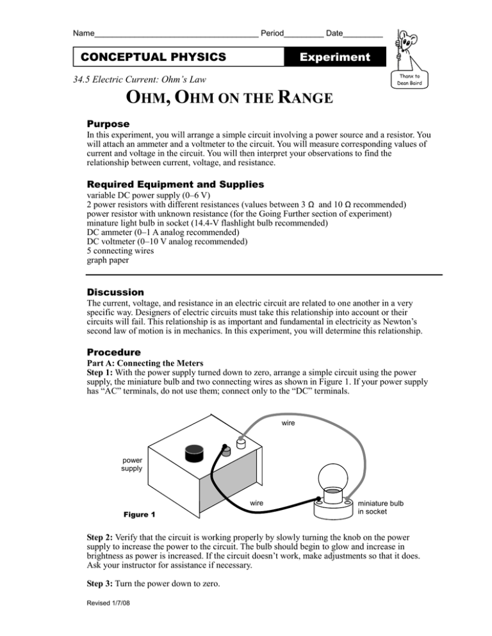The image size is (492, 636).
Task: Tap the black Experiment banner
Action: pos(334,57)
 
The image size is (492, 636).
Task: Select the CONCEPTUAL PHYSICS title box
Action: pos(153,57)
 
